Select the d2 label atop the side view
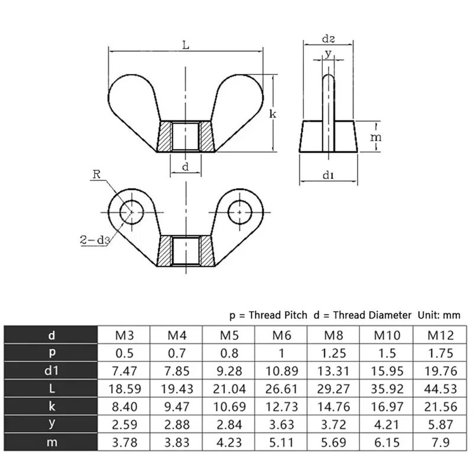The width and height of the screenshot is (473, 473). [328, 38]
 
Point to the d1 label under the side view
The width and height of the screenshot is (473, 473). [329, 175]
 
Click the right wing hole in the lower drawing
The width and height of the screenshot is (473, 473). [239, 210]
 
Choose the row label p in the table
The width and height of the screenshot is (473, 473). [51, 354]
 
